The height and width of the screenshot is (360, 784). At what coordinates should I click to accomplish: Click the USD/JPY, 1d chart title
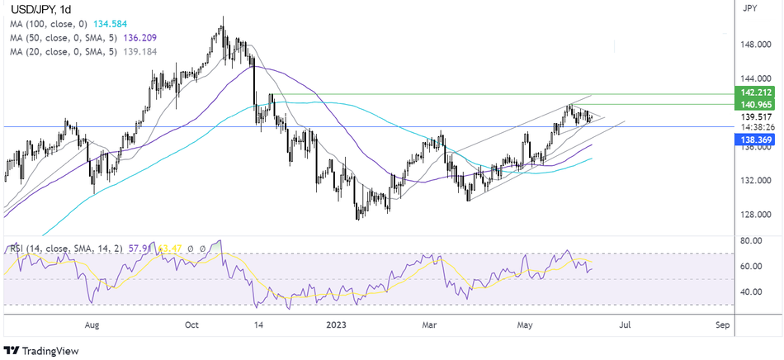click(39, 11)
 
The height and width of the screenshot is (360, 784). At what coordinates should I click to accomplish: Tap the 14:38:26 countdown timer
click(752, 128)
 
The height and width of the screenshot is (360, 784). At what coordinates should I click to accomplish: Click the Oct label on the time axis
click(192, 325)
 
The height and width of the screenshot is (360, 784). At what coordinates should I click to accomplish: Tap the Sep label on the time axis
click(721, 325)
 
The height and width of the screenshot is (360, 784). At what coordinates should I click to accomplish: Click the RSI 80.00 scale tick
click(752, 242)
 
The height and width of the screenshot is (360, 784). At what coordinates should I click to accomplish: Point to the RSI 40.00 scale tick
click(752, 291)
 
